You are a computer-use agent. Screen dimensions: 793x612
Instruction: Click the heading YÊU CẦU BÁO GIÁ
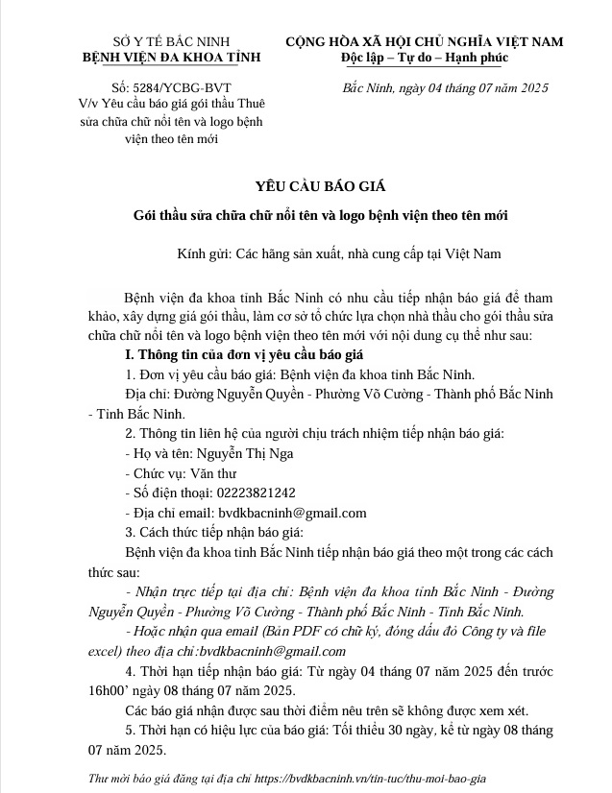[x=306, y=185]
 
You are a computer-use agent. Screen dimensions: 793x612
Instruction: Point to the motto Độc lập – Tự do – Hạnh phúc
[x=426, y=59]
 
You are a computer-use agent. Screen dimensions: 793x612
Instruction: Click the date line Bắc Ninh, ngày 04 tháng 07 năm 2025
[x=445, y=88]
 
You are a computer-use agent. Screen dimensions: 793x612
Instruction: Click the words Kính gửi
[x=203, y=254]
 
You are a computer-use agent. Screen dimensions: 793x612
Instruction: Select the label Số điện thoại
[x=167, y=493]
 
